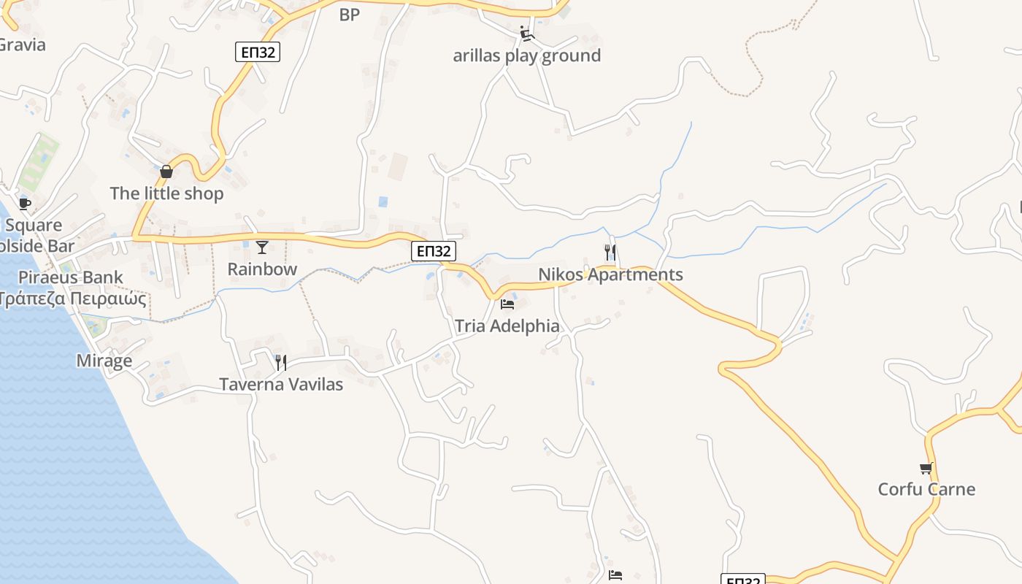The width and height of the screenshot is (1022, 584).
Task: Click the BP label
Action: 350,15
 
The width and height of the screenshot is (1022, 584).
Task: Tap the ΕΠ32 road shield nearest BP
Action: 258,52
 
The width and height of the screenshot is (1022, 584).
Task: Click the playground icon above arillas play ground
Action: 527,34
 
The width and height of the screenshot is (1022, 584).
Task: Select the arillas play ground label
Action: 527,55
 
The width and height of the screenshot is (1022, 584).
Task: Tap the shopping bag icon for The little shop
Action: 166,172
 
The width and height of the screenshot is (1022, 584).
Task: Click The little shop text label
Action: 166,193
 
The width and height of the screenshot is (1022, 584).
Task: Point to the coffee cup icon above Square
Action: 25,204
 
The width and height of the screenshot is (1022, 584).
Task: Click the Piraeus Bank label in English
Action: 71,277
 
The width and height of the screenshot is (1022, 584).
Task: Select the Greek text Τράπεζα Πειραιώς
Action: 73,299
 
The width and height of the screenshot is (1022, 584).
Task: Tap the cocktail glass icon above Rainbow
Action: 262,247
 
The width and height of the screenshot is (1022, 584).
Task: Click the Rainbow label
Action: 262,269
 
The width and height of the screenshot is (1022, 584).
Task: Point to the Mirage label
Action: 104,361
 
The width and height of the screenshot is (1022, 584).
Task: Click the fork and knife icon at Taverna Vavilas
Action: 281,362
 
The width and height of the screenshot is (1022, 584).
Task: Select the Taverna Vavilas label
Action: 281,384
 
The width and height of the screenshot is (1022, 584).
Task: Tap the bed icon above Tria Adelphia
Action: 507,304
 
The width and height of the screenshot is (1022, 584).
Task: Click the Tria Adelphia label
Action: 507,326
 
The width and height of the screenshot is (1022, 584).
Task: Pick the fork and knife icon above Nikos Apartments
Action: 610,253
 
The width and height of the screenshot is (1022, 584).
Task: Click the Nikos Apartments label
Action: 610,274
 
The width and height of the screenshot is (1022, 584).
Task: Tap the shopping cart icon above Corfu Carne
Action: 926,468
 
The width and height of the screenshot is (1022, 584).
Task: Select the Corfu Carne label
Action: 926,489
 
